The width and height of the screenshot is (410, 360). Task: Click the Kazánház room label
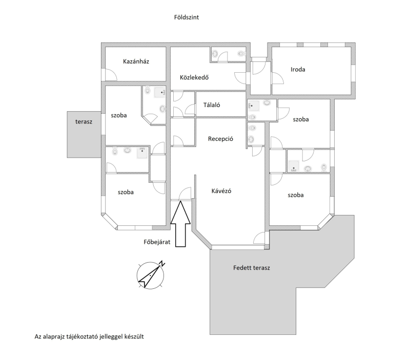point(136,61)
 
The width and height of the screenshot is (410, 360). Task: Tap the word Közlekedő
point(194,77)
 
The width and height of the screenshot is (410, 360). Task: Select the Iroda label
point(298,70)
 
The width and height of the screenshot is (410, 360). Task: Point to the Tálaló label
point(212,105)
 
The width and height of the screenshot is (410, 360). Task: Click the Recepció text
point(220,139)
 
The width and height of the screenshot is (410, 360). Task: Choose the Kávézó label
point(221,191)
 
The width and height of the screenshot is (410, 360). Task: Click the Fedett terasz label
point(252,268)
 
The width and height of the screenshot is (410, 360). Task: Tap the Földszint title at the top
point(187,17)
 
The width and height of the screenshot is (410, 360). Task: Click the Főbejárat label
point(157,242)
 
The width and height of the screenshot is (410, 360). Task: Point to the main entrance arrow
point(180,224)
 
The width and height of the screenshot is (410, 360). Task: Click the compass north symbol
point(151,275)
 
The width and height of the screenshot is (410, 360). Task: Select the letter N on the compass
point(162,263)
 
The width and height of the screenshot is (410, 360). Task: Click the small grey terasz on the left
point(84,135)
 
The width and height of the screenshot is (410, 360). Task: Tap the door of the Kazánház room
point(111,75)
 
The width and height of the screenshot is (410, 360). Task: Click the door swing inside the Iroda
point(278,78)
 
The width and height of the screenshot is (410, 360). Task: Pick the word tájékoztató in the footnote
point(81,336)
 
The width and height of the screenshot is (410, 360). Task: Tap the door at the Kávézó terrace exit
point(259,238)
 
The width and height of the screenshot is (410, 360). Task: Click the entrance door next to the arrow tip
point(186,194)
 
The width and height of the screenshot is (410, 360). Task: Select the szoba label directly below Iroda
point(301,119)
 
